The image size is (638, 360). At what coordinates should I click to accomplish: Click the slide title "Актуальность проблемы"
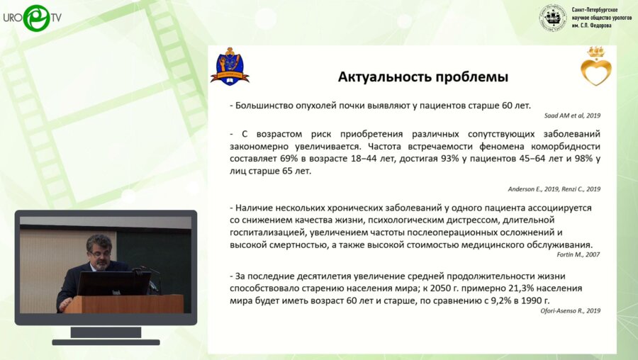pos(422,77)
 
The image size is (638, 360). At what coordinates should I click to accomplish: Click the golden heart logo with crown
pos(595,67)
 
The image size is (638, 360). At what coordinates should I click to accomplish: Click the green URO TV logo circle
pos(36,18)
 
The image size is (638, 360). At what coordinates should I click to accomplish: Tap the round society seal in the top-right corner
pos(553,17)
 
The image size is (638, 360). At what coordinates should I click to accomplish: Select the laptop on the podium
pos(113,283)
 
